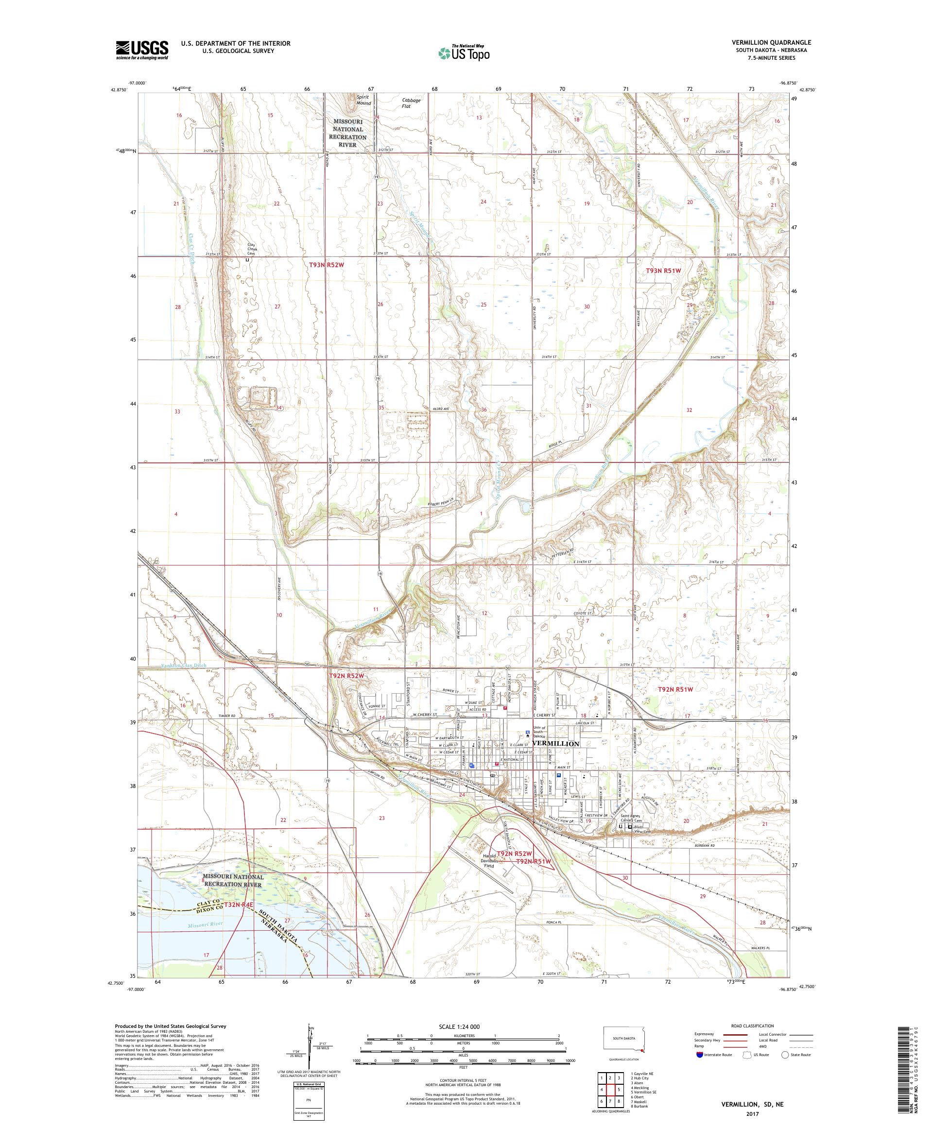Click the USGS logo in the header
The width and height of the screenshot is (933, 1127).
142,51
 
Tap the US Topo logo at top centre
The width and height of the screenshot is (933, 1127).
465,52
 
